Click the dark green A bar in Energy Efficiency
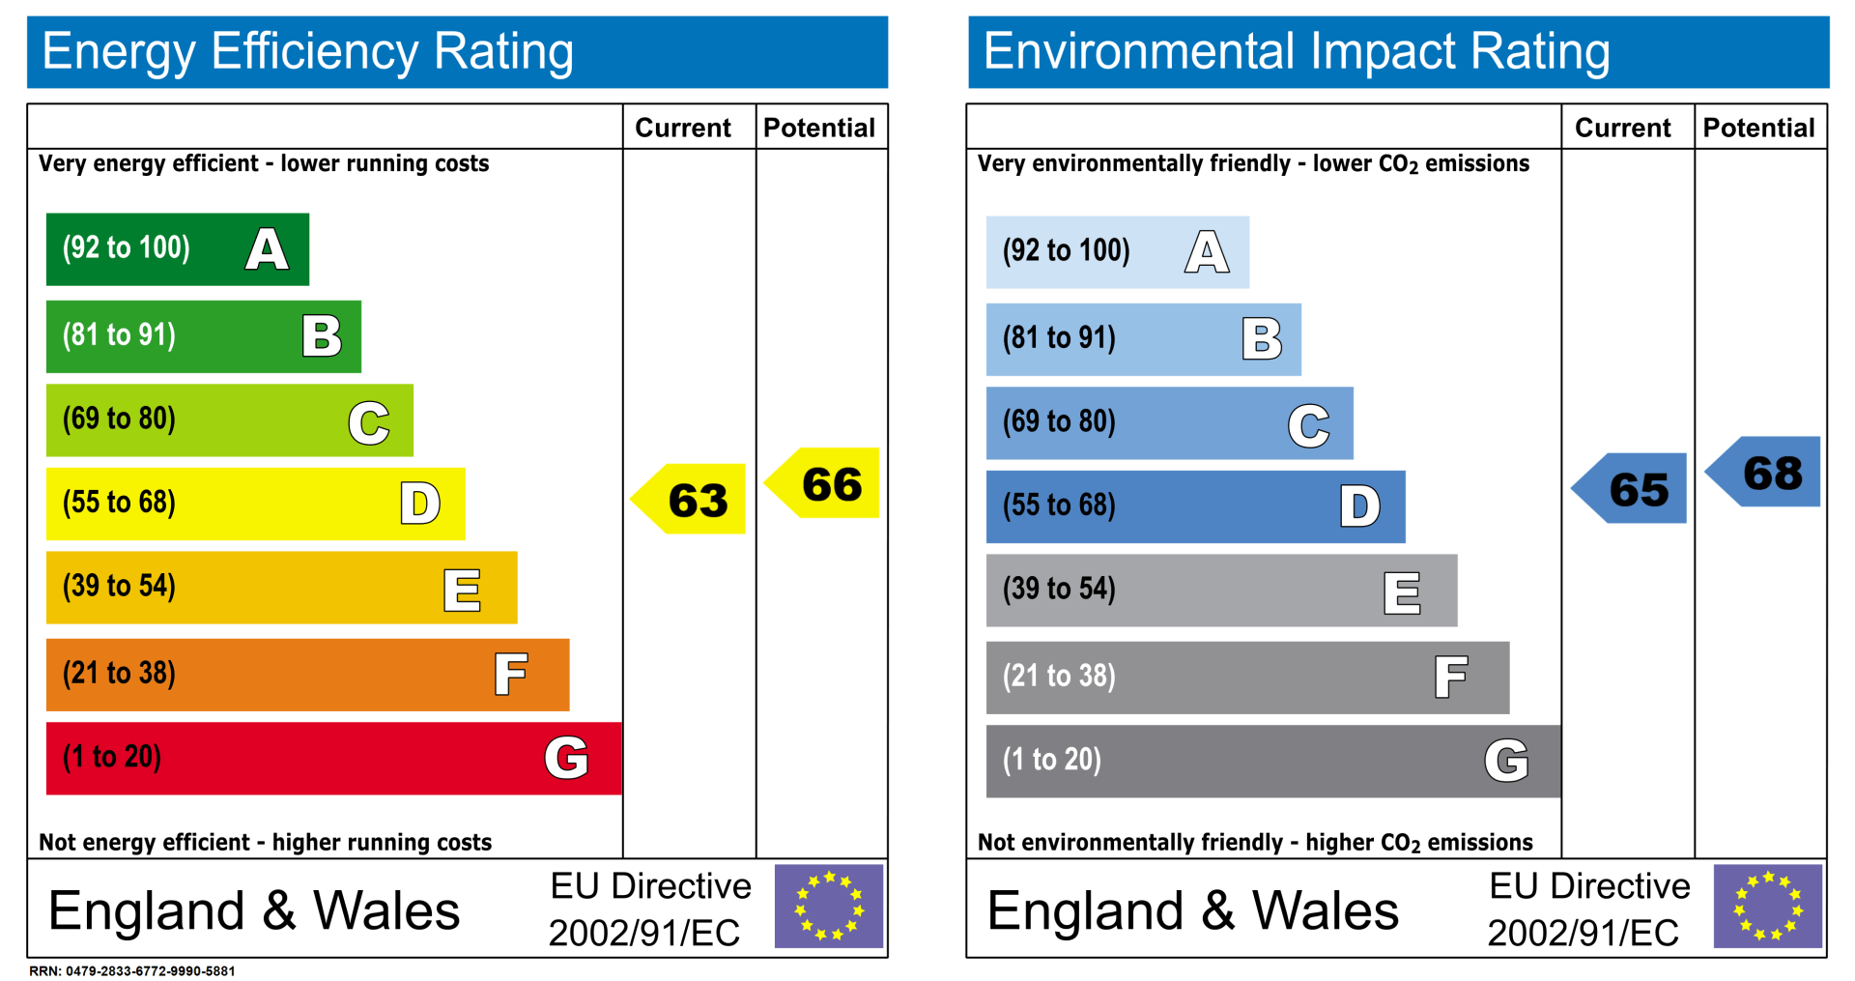tap(178, 249)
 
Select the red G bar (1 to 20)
tap(333, 759)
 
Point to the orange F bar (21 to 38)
tap(307, 675)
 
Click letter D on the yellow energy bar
tap(420, 504)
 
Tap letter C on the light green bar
tap(368, 422)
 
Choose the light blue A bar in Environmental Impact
tap(1117, 252)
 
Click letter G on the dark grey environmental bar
tap(1505, 761)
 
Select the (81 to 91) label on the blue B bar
tap(1059, 338)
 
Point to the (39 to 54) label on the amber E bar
tap(119, 587)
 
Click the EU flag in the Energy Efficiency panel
tap(829, 907)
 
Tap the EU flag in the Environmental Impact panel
tap(1767, 907)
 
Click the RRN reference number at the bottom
tap(132, 971)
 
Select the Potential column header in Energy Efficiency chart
tap(819, 128)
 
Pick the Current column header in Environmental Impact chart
tap(1622, 128)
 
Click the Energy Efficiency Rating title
tap(308, 51)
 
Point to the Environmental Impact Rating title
tap(1297, 51)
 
